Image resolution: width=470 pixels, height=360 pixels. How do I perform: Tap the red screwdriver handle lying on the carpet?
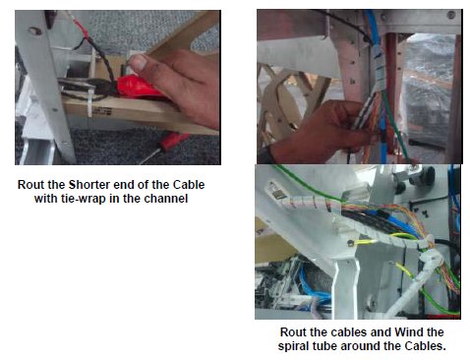(174, 141)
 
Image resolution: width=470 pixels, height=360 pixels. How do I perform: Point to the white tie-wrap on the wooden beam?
(89, 100)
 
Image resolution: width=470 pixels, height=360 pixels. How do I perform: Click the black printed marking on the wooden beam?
(102, 111)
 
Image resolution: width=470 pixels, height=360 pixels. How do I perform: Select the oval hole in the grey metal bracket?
(34, 31)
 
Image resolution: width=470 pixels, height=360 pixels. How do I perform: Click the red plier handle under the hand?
(137, 87)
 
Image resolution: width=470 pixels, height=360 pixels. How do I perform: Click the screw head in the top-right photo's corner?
(451, 15)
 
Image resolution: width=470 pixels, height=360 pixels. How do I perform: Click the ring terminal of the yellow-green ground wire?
(350, 243)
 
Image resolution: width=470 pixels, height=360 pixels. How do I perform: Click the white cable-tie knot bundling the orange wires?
(429, 240)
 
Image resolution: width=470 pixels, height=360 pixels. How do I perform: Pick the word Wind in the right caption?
(409, 332)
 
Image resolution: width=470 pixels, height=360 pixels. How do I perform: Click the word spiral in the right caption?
(293, 346)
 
